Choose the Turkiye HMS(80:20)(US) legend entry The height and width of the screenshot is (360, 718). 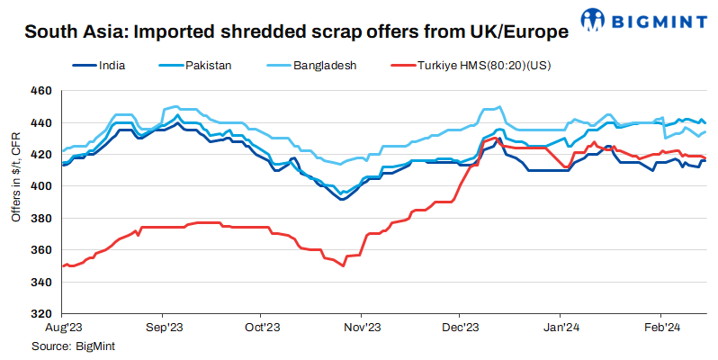(481, 66)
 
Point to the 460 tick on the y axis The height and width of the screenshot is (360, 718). (40, 91)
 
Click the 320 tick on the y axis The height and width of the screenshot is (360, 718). (40, 314)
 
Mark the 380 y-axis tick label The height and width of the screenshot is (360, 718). (40, 219)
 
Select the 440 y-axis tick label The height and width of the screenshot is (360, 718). (40, 122)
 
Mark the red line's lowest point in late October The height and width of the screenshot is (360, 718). (343, 266)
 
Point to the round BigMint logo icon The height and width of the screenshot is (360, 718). (595, 19)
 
